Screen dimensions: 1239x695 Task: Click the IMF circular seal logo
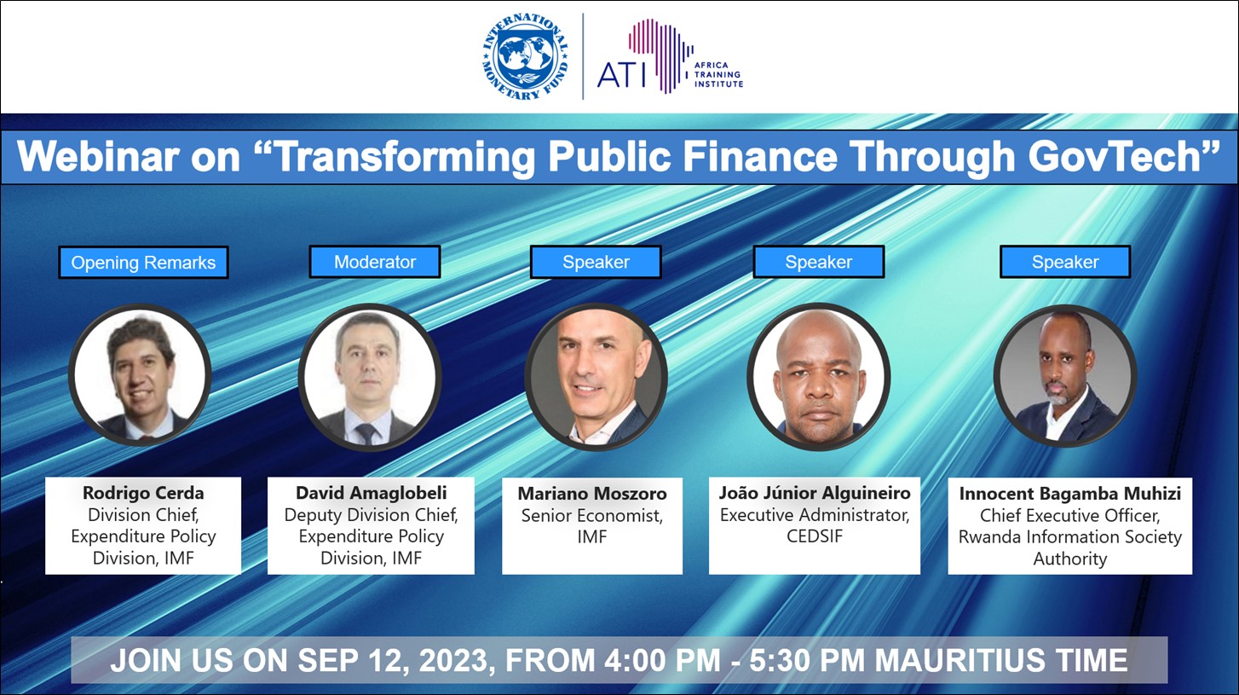click(x=526, y=56)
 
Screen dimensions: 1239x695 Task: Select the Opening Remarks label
click(x=143, y=263)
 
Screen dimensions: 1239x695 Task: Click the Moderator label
click(x=375, y=262)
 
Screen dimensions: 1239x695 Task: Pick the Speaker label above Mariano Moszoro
click(x=596, y=262)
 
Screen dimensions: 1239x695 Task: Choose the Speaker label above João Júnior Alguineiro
click(x=819, y=262)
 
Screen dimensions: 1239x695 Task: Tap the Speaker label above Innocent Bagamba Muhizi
click(x=1065, y=262)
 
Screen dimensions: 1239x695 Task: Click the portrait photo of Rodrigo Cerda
click(x=140, y=375)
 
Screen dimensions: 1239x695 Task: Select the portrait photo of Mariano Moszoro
click(x=596, y=376)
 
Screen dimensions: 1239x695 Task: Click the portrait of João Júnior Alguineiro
click(x=819, y=376)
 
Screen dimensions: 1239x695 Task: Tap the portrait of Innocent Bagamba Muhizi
click(x=1065, y=376)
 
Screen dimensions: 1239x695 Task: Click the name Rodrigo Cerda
click(x=143, y=493)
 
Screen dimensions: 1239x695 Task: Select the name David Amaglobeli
click(x=372, y=493)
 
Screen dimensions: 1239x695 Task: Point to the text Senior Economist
click(x=591, y=516)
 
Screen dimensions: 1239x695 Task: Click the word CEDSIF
click(x=815, y=536)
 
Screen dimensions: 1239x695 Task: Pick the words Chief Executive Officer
click(x=1069, y=516)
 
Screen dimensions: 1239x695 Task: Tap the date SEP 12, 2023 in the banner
click(x=393, y=661)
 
